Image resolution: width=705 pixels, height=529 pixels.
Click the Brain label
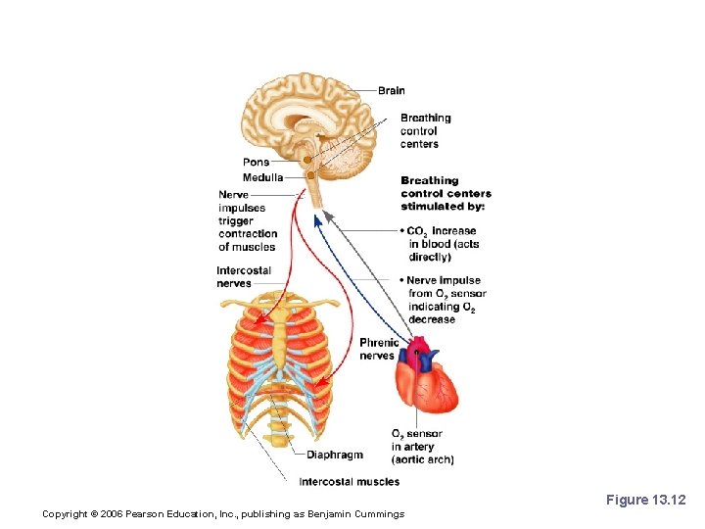pos(391,91)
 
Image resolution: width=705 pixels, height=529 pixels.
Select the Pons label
pos(256,163)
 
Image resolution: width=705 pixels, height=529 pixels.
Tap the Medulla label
pos(262,178)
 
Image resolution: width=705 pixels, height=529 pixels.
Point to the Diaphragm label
pos(334,455)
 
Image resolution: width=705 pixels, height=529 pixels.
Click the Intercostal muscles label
pos(349,481)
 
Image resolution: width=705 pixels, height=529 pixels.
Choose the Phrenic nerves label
pos(378,349)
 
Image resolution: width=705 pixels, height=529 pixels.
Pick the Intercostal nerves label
pos(244,277)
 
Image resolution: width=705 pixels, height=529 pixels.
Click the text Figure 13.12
pos(645,501)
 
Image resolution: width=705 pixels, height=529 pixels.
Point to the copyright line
pos(223,514)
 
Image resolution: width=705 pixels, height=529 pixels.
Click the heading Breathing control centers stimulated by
pos(444,193)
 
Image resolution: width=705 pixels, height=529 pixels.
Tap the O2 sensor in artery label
pos(422,447)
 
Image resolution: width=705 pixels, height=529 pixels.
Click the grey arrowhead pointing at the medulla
pos(330,215)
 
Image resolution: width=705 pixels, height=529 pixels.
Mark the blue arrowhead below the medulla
pos(316,221)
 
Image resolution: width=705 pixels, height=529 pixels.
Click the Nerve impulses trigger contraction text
pos(248,220)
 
